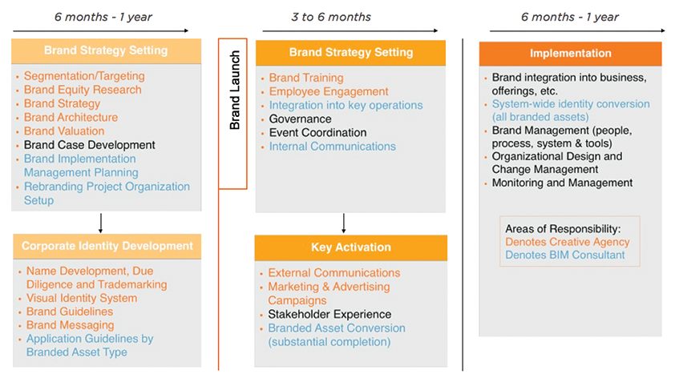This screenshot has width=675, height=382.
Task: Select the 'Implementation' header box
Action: click(570, 54)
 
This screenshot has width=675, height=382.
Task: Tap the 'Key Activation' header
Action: click(350, 247)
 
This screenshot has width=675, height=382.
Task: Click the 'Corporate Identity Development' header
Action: click(107, 246)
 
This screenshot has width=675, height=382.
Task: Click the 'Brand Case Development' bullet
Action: click(89, 145)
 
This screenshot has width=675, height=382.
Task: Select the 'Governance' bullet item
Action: click(300, 119)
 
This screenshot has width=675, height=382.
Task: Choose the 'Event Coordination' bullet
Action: click(317, 132)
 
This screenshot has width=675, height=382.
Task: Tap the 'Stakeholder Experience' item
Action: click(329, 314)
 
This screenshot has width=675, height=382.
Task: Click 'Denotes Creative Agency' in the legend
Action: click(567, 242)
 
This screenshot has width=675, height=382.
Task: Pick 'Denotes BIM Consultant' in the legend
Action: click(564, 255)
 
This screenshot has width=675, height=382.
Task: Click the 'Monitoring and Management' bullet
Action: click(562, 183)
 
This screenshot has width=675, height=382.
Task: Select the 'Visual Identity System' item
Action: click(81, 298)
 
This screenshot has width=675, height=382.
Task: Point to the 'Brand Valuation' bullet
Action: click(64, 131)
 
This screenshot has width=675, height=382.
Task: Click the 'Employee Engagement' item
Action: click(329, 91)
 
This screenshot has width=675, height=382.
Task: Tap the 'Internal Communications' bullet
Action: click(332, 147)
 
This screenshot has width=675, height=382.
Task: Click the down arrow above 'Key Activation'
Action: click(344, 223)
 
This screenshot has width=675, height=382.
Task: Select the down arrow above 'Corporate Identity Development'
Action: click(100, 222)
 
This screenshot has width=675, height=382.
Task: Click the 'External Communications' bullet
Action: click(333, 273)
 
